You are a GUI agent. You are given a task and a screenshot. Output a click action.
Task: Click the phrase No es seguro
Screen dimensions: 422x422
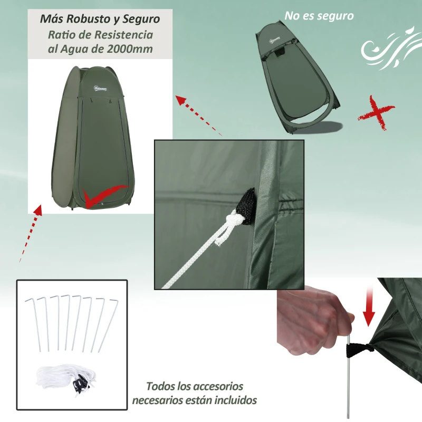[x=319, y=16]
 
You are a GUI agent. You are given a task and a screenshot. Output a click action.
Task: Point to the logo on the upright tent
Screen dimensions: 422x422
[x=100, y=88]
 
